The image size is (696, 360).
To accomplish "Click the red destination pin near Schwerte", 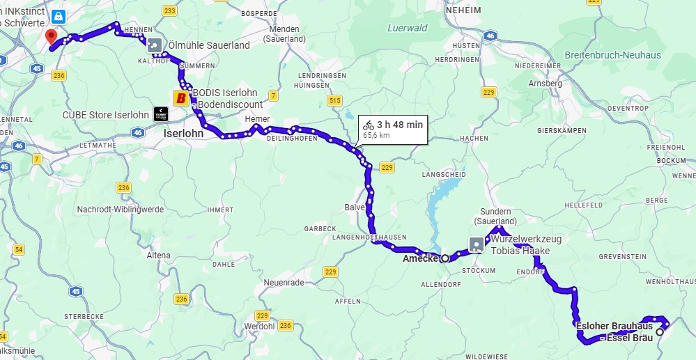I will (51, 37).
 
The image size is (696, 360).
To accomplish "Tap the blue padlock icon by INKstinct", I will (55, 15).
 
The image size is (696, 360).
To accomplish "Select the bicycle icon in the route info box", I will (369, 125).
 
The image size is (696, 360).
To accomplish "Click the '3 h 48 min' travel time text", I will (399, 125).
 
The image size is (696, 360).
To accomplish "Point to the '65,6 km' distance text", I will (376, 135).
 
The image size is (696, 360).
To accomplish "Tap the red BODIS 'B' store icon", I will (182, 97).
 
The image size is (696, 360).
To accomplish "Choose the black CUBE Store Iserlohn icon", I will (160, 115).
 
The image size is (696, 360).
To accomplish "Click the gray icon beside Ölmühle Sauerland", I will (155, 45).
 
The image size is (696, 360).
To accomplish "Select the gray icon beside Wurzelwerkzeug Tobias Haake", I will (477, 244).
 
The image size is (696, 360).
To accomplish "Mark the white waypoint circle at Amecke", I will (445, 258).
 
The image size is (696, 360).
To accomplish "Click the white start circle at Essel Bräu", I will (660, 332).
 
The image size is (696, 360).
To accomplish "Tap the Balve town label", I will (354, 208).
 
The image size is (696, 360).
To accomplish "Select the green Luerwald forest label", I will (407, 29).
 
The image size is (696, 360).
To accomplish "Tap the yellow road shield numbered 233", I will (169, 10).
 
